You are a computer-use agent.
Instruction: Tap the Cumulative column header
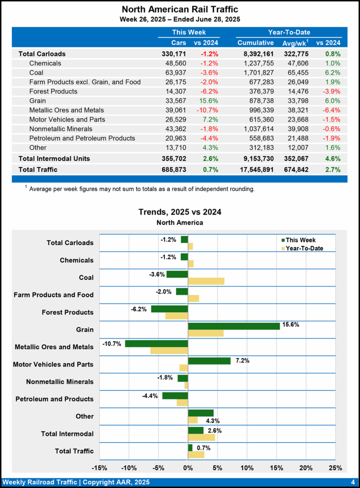(x=256, y=43)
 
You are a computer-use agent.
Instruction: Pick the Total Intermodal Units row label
(x=54, y=158)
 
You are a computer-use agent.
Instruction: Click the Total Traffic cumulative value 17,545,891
(x=253, y=169)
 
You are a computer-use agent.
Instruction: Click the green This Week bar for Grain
(x=234, y=326)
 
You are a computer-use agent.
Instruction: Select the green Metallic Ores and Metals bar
(x=156, y=343)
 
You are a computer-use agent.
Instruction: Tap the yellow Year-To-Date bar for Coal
(x=206, y=281)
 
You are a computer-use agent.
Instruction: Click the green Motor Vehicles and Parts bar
(x=209, y=361)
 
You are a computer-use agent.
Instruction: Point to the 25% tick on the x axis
(x=336, y=468)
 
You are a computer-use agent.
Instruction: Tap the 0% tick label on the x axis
(x=188, y=468)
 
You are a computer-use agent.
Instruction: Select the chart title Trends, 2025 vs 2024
(x=180, y=212)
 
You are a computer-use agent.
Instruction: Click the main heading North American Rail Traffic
(x=180, y=10)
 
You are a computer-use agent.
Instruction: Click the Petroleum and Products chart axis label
(x=54, y=399)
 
